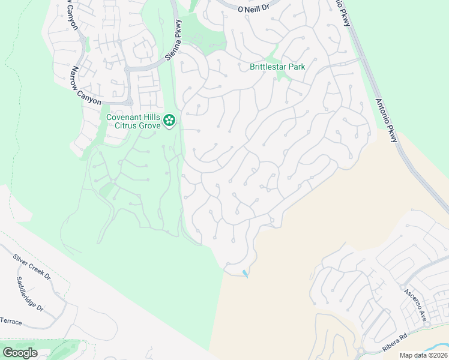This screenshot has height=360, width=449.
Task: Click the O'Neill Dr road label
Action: pos(255,10)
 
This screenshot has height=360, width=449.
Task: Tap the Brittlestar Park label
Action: pos(277,67)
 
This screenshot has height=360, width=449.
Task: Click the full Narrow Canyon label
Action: pos(86,86)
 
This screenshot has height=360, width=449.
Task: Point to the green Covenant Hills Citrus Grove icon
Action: pos(170,121)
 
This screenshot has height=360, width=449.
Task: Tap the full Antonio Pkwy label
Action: pos(387,121)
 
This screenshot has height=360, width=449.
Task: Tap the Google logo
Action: pos(19,352)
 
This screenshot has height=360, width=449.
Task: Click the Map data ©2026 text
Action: pos(423,355)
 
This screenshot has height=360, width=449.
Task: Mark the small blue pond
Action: pos(244,274)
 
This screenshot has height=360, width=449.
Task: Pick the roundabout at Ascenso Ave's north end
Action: pos(402,287)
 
